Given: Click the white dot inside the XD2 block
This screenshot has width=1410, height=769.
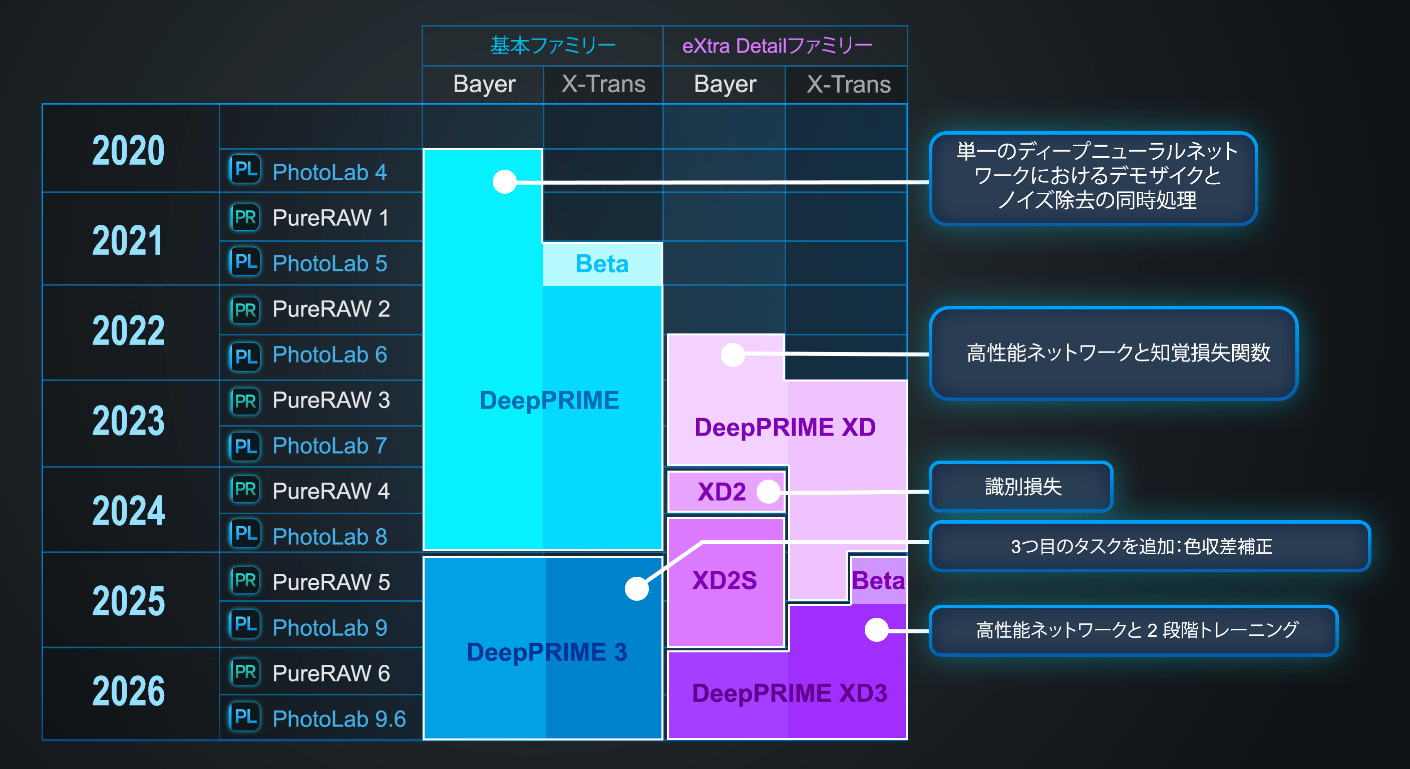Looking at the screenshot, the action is click(x=769, y=492).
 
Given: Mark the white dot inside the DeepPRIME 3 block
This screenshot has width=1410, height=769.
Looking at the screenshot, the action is click(x=636, y=588).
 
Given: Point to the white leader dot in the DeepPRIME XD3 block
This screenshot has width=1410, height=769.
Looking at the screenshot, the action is click(x=876, y=629).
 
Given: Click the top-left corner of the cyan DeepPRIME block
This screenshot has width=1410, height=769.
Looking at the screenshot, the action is click(x=424, y=149).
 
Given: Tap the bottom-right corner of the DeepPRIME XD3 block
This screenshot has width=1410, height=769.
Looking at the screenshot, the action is click(x=907, y=739).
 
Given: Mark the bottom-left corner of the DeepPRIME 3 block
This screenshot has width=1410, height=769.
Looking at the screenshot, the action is click(x=424, y=739).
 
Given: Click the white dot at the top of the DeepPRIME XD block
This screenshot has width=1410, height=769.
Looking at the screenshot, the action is click(x=733, y=354).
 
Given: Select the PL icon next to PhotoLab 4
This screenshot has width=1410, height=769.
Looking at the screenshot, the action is click(x=245, y=169).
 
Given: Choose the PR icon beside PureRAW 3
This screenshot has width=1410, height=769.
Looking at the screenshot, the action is click(x=245, y=401).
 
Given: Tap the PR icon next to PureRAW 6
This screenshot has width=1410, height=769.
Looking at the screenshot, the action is click(x=245, y=671).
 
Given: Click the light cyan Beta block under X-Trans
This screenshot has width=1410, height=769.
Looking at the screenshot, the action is click(x=602, y=264).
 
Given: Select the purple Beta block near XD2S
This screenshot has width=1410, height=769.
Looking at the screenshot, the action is click(x=879, y=580).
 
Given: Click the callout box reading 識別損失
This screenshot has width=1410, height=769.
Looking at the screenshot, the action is click(x=1021, y=487).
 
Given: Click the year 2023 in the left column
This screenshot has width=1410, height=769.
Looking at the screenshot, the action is click(x=129, y=421).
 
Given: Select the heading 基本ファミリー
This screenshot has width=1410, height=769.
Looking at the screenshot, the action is click(x=553, y=46).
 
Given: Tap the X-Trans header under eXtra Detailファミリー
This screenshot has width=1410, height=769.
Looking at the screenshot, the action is click(x=848, y=84).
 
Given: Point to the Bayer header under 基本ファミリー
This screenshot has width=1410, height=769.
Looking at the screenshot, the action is click(x=484, y=84).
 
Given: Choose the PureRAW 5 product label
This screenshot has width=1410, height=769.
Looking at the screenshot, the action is click(x=331, y=582).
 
